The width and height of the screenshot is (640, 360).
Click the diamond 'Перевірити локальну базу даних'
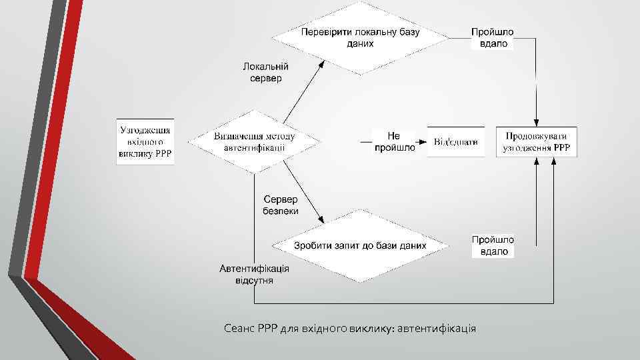click(x=360, y=37)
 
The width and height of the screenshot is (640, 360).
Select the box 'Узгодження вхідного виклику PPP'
click(x=145, y=142)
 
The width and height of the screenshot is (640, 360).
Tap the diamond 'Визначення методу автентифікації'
click(x=255, y=142)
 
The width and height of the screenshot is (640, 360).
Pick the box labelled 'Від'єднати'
click(x=456, y=141)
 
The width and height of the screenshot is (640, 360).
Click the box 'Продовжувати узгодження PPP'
click(x=537, y=141)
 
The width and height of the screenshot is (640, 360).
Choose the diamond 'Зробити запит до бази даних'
click(x=360, y=245)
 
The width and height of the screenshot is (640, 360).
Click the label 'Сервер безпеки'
click(x=281, y=205)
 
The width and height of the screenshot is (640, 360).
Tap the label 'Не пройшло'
click(x=394, y=142)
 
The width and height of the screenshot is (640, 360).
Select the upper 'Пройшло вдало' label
click(x=493, y=38)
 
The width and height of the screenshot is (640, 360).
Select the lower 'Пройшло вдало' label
click(x=493, y=246)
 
